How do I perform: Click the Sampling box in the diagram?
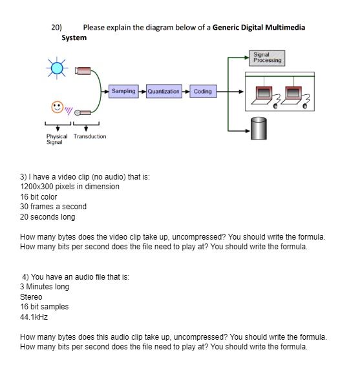click(123, 92)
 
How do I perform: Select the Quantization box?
click(164, 92)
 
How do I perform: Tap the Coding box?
click(202, 92)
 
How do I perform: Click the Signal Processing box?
click(267, 58)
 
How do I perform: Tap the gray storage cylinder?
click(259, 129)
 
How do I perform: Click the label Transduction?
click(90, 136)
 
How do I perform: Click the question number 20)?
click(57, 27)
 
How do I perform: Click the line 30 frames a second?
click(53, 207)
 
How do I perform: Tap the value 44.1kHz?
click(34, 317)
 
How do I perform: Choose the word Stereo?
click(31, 297)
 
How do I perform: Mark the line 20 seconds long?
click(48, 217)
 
